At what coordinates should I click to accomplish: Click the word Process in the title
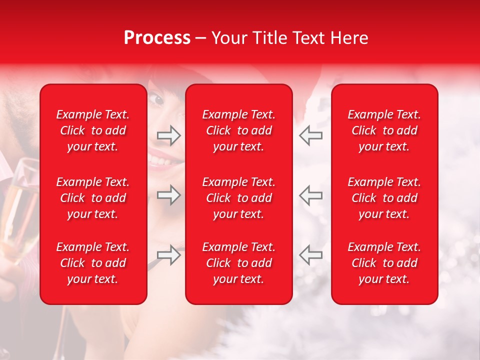pos(157,38)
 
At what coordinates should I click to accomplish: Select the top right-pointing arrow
pos(168,135)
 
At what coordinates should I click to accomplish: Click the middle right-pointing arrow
pos(168,194)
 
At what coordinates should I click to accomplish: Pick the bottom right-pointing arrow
pos(168,255)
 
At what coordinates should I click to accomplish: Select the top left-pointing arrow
pos(310,135)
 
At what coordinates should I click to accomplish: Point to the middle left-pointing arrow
pos(310,194)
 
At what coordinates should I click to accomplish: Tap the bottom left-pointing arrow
pos(310,255)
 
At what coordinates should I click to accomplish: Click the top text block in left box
pos(93,130)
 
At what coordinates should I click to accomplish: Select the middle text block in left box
pos(93,198)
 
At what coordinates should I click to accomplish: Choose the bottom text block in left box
pos(93,263)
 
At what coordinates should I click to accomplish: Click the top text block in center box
pos(239,130)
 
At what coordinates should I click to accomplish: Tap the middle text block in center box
pos(239,198)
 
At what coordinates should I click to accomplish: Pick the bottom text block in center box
pos(239,263)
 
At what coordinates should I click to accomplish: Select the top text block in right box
pos(384,130)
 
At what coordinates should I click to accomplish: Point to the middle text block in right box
pos(384,198)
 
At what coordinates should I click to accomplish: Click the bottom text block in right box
pos(384,263)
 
